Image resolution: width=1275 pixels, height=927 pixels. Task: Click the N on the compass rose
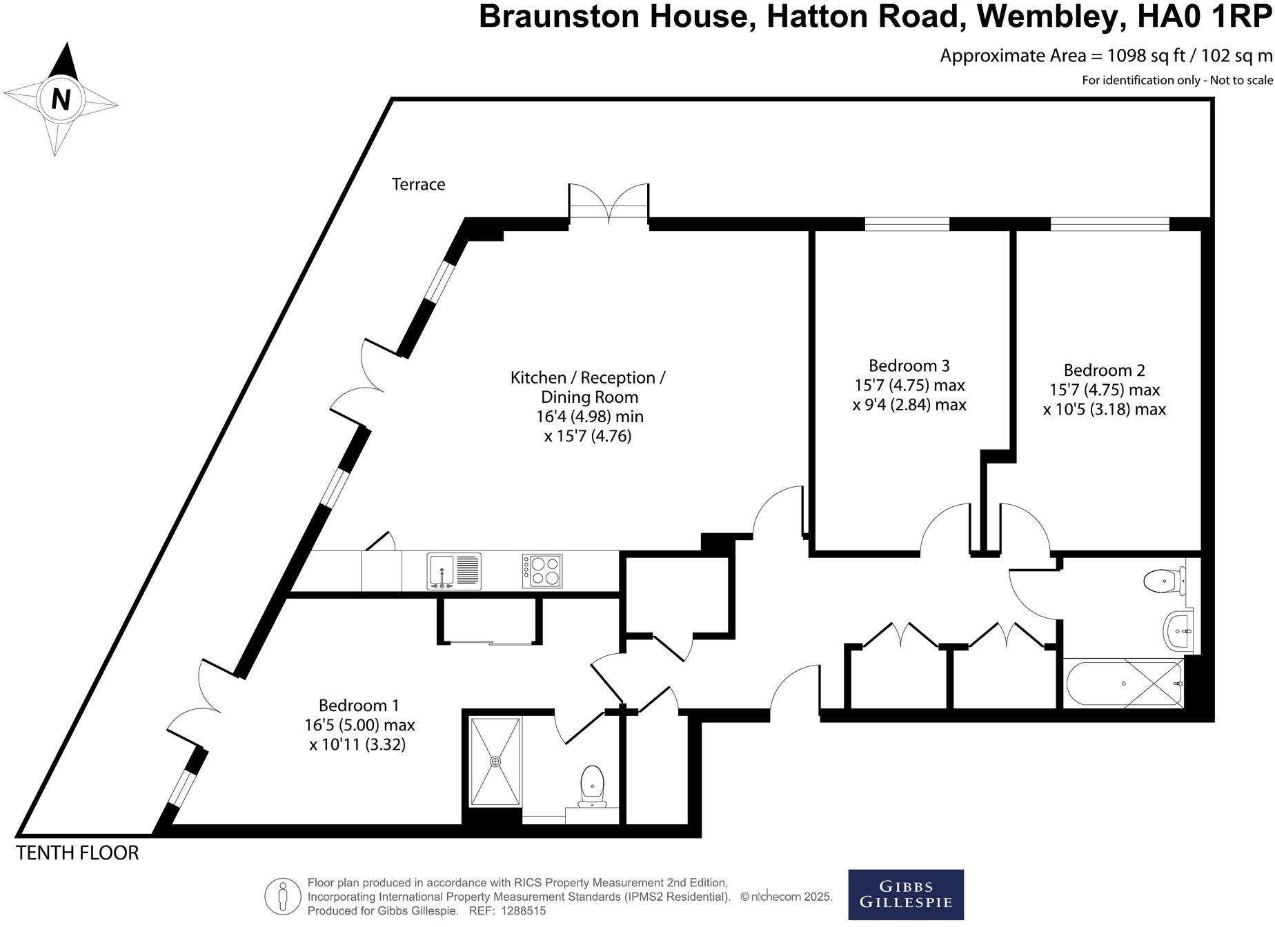click(61, 99)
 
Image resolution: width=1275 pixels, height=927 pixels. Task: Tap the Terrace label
click(418, 184)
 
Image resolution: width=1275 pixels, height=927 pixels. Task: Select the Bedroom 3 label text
click(909, 366)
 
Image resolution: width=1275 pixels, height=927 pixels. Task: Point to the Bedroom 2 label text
click(1104, 370)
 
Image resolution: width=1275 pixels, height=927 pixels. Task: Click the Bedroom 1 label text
click(359, 706)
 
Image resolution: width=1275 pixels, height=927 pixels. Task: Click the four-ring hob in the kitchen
click(542, 571)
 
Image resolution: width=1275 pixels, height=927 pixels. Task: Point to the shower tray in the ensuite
click(495, 761)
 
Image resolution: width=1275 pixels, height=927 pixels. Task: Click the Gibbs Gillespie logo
click(905, 894)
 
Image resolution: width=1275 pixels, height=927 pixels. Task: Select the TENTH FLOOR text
click(77, 853)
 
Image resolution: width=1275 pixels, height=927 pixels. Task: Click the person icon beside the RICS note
click(282, 897)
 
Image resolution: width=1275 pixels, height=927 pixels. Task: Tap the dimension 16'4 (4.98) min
click(589, 417)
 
